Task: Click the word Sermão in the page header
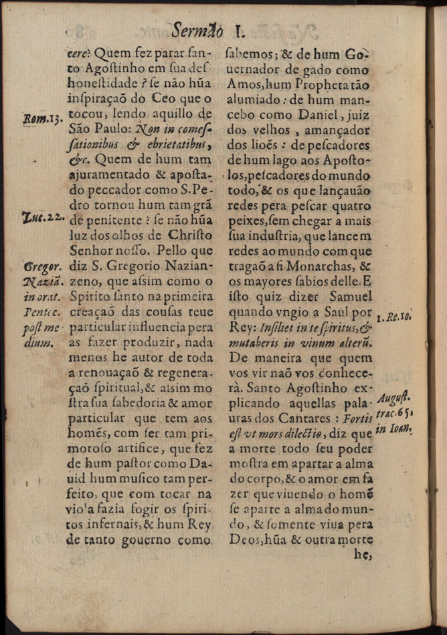click(197, 30)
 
